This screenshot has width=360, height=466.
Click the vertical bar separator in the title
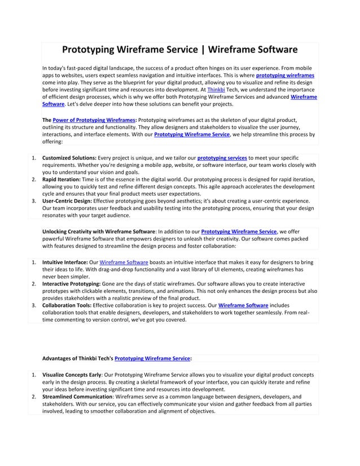coord(201,50)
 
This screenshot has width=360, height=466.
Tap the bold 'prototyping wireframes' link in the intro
coord(285,75)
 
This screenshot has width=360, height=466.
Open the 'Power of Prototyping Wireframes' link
coord(94,120)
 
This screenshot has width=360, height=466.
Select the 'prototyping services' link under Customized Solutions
coord(222,157)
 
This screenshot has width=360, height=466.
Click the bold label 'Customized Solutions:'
coord(69,157)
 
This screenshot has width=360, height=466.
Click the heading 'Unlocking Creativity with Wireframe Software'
coord(99,231)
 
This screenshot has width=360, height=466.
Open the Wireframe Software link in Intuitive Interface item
coord(124,262)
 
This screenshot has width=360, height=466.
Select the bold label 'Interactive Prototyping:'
coord(71,284)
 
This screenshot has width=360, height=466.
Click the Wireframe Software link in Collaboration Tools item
coord(243,305)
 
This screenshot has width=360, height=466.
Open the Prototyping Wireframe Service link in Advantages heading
coord(152,358)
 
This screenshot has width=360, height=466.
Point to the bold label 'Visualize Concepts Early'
coord(72,375)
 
